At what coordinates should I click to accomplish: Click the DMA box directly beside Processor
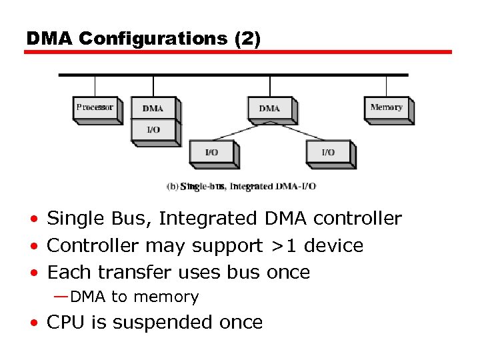pos(153,108)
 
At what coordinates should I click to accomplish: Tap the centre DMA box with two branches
pos(269,108)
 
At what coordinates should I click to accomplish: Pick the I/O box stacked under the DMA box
pos(153,129)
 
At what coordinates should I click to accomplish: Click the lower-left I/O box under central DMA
pos(211,152)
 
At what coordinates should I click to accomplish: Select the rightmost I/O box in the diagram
pos(328,152)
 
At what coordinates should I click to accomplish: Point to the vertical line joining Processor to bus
pos(95,86)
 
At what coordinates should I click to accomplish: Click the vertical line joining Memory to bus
pos(387,86)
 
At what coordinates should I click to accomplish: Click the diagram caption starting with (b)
pos(241,187)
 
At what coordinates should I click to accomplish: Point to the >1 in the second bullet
pos(281,245)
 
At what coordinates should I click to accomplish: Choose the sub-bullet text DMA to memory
pos(134,297)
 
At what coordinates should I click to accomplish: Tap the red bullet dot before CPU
pos(33,323)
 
